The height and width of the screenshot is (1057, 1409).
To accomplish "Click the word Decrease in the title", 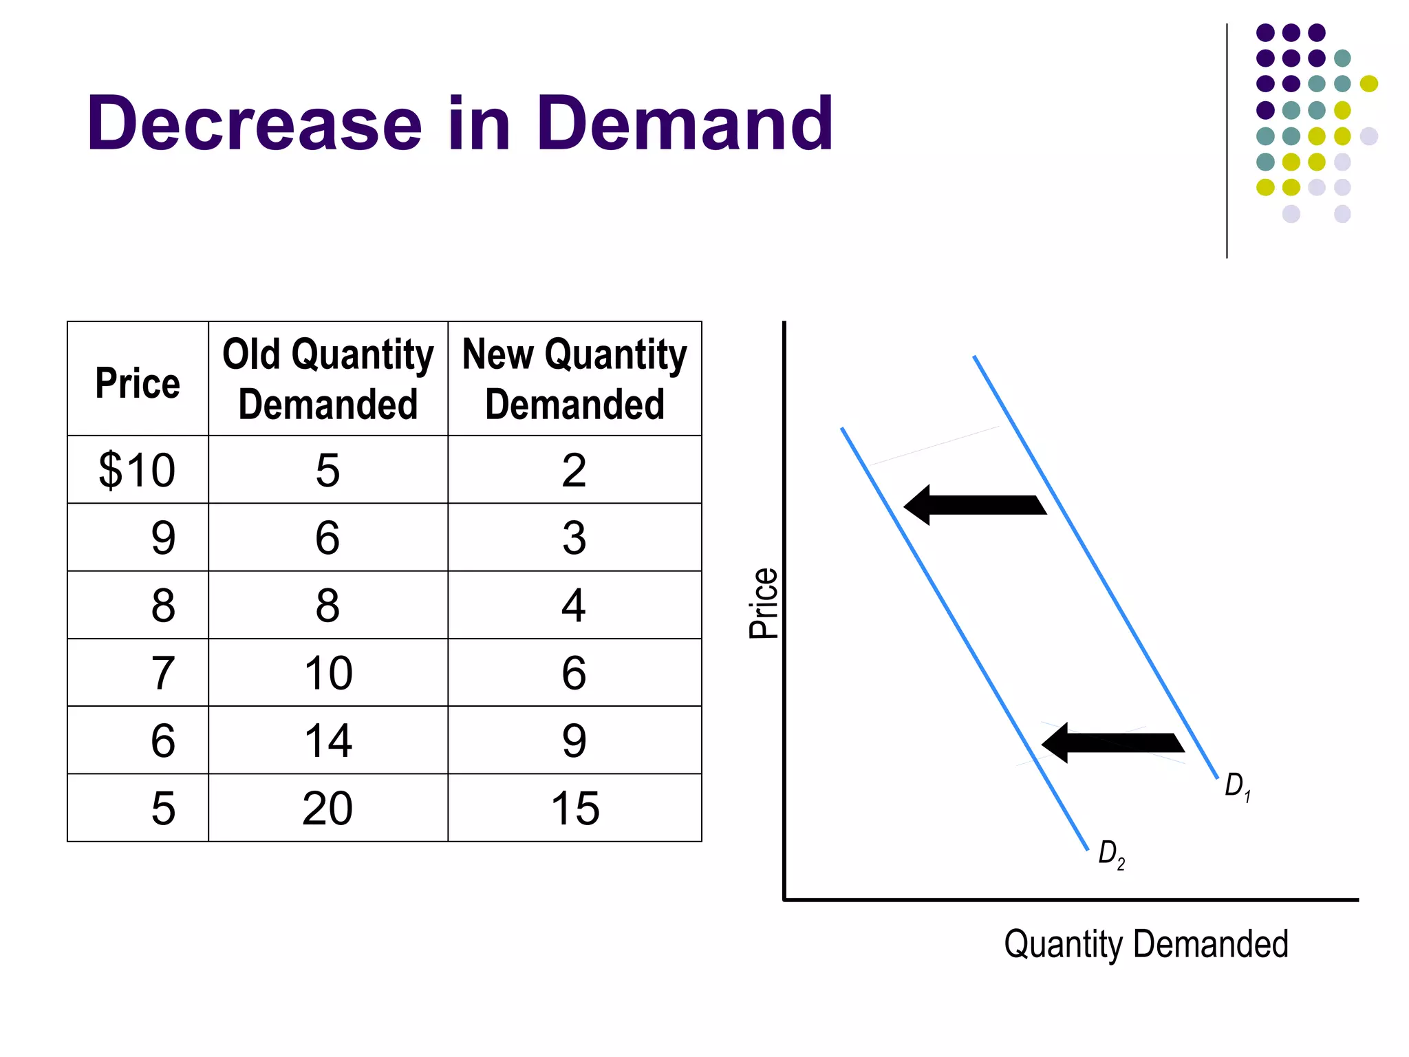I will click(x=254, y=124).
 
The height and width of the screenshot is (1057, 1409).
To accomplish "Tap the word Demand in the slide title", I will click(x=684, y=124).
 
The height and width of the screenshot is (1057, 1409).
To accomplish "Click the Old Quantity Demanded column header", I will click(x=328, y=378).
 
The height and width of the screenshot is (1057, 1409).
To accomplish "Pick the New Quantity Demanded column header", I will click(x=574, y=378).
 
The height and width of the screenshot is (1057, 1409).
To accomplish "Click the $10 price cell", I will click(x=138, y=471).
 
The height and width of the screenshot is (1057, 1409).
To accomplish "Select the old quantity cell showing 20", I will click(x=327, y=808).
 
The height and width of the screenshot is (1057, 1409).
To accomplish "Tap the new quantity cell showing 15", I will click(x=575, y=808).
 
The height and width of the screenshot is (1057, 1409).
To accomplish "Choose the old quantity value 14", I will click(x=328, y=741).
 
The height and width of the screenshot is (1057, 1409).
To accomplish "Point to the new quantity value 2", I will click(x=574, y=471).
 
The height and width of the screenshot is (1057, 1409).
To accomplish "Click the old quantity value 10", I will click(x=328, y=673).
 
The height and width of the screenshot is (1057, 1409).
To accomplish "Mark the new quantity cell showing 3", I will click(x=574, y=538).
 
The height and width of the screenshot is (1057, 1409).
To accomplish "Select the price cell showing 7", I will click(x=163, y=673).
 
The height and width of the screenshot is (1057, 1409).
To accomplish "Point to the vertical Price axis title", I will click(x=764, y=604).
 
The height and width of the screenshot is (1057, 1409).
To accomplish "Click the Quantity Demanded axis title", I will click(x=1146, y=944).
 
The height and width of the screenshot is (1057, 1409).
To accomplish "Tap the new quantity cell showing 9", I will click(x=574, y=741).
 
